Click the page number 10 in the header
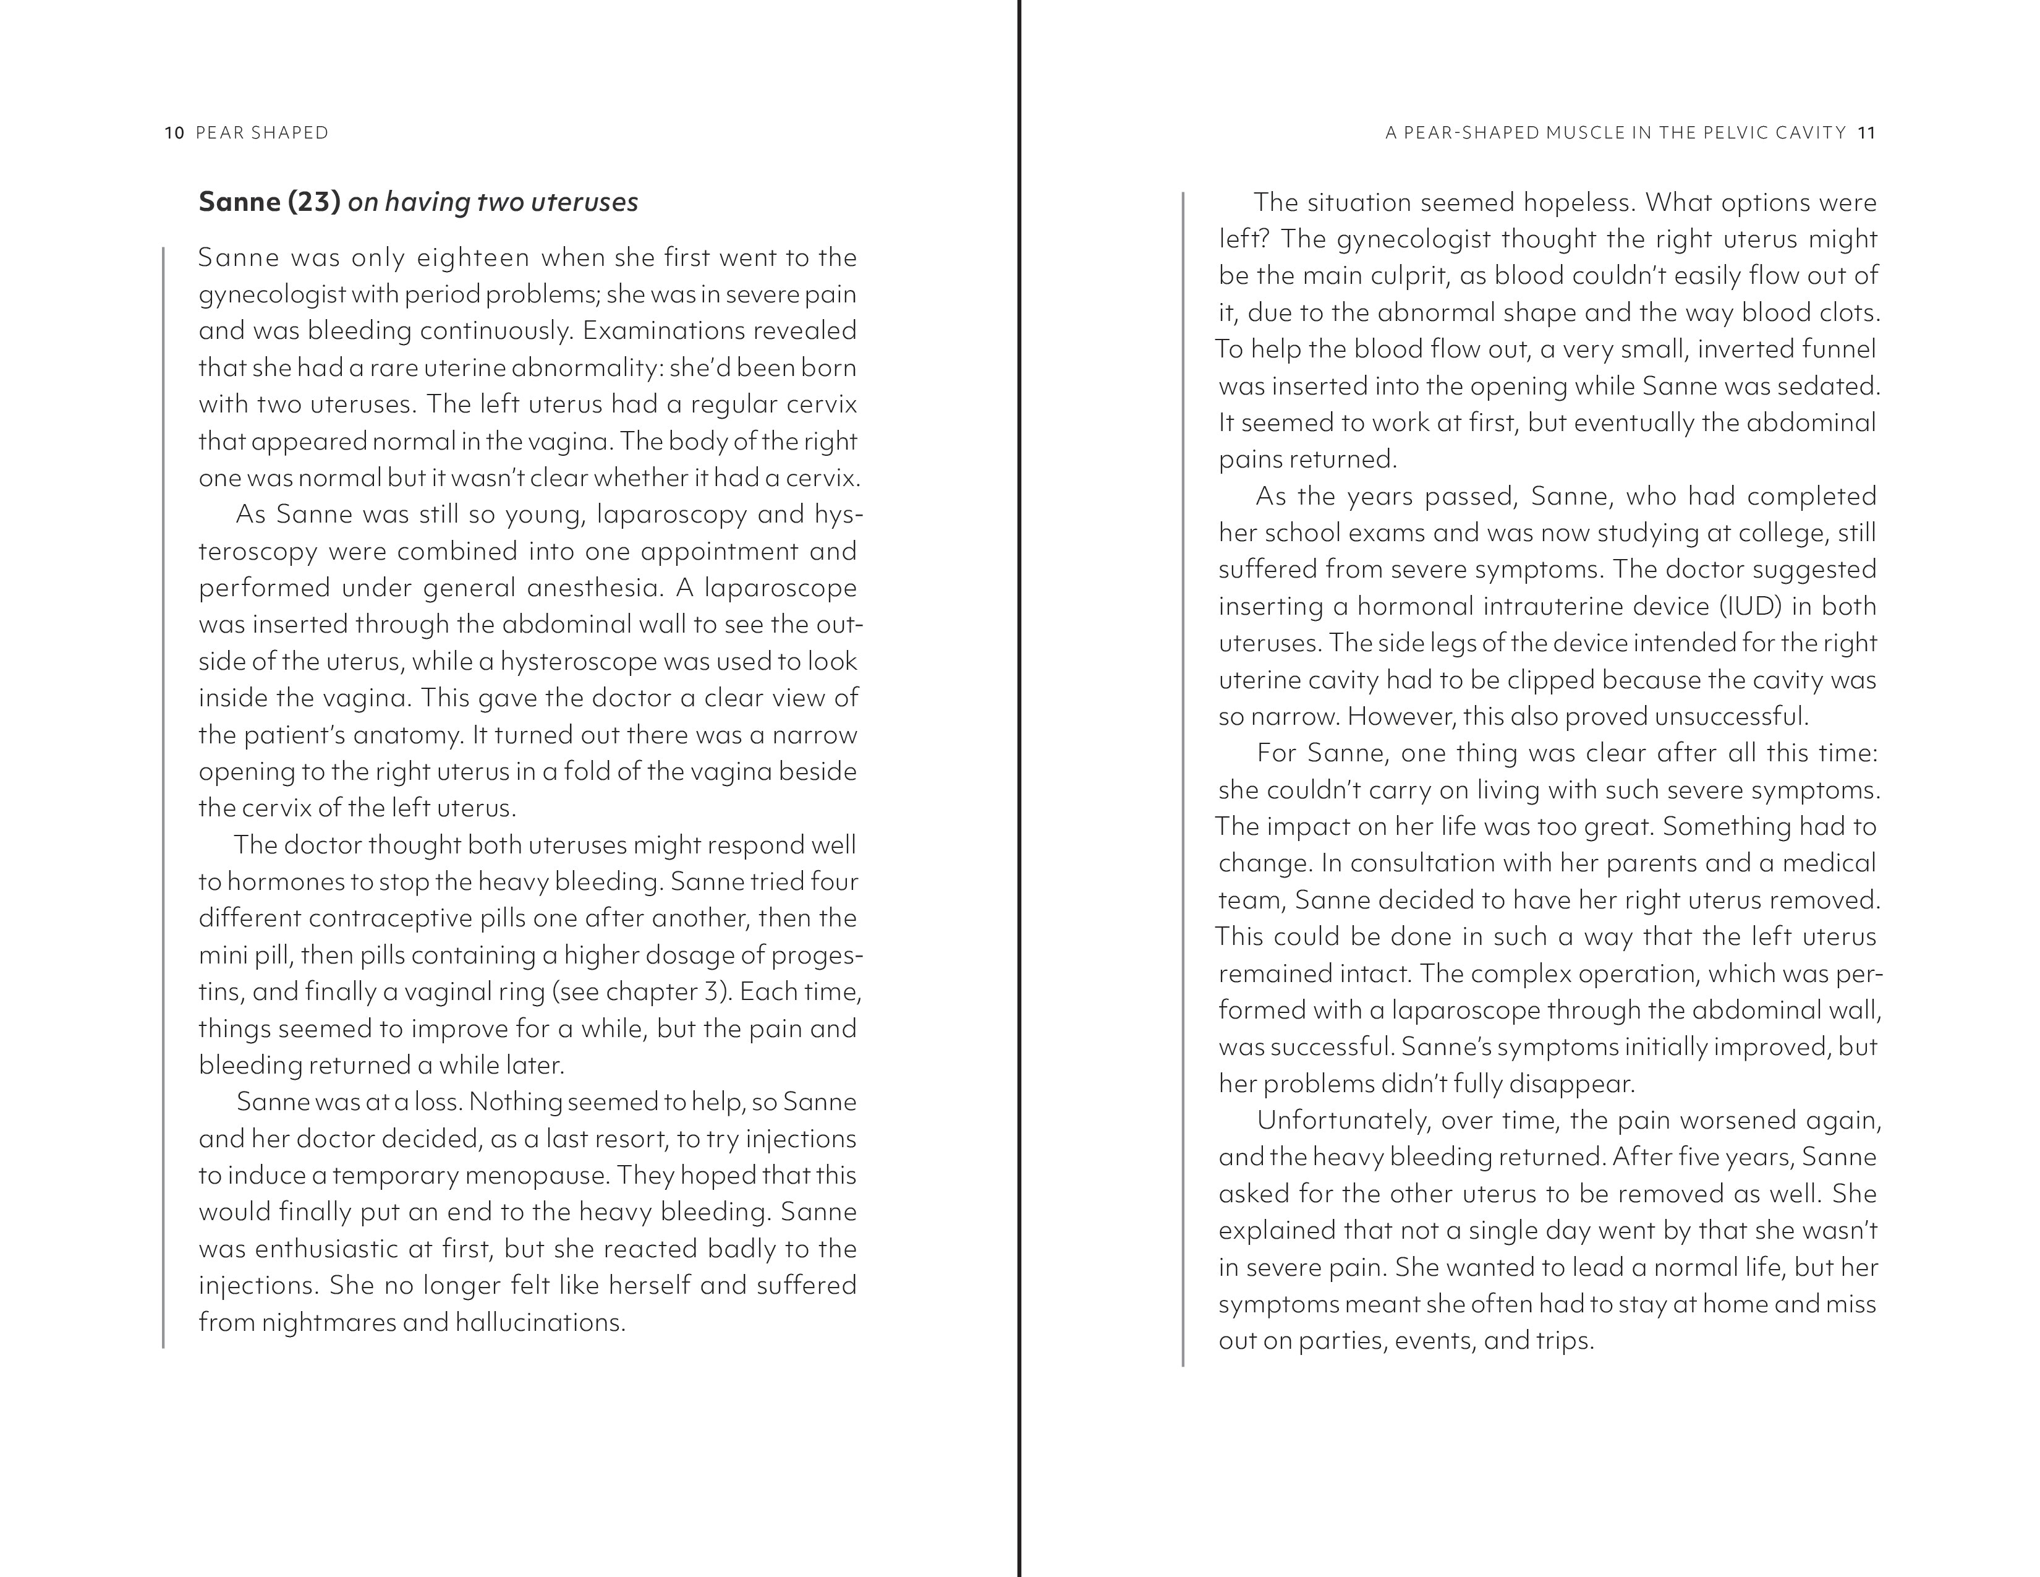(174, 133)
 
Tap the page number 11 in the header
(1866, 133)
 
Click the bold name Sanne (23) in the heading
(269, 202)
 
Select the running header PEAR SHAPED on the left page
(263, 133)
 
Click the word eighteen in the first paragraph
(473, 258)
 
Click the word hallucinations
(539, 1323)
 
